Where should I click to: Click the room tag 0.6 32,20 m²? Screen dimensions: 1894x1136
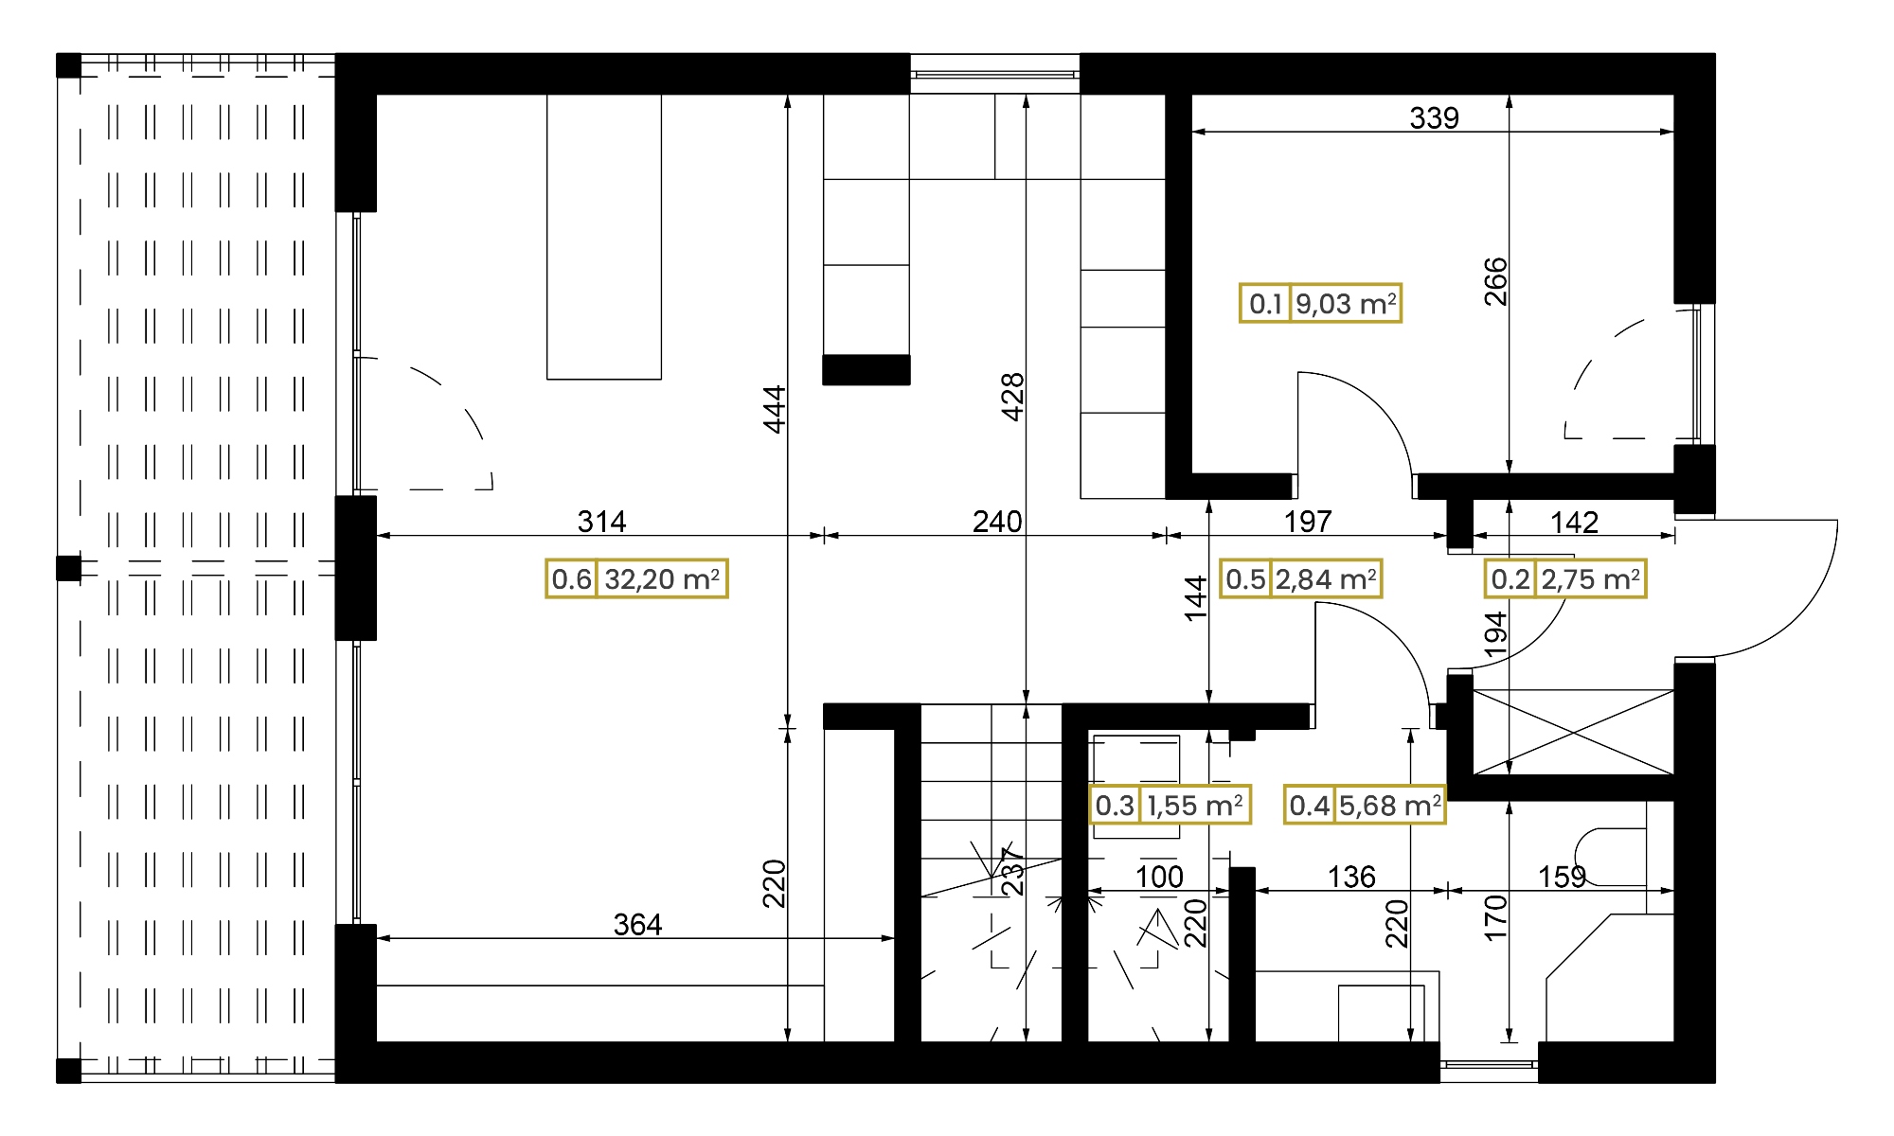point(636,578)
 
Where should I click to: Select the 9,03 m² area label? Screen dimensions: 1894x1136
point(1320,304)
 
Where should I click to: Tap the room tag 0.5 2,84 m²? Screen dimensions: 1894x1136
point(1301,578)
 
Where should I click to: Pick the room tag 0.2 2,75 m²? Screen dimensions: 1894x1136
point(1565,578)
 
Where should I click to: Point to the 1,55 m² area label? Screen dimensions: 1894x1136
point(1170,805)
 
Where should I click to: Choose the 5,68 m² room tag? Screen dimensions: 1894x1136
point(1365,805)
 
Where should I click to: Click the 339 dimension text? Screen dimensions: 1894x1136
point(1434,118)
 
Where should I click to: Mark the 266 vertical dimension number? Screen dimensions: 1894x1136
point(1495,281)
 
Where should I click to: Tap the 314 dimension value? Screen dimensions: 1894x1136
point(602,522)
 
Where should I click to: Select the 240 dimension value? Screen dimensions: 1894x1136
point(997,522)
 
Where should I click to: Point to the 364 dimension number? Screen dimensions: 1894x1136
point(637,925)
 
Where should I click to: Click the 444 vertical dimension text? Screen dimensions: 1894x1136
point(775,409)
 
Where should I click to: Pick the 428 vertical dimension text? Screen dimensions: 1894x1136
point(1012,397)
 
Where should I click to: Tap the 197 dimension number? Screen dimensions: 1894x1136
point(1308,522)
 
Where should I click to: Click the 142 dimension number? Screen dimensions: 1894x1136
point(1574,522)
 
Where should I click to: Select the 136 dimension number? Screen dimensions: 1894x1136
point(1351,878)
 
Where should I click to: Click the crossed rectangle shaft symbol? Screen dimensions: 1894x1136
point(1574,732)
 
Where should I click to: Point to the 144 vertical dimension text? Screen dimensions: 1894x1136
point(1196,598)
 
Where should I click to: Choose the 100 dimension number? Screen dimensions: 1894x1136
point(1159,878)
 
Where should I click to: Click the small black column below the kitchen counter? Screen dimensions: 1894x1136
point(867,370)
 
